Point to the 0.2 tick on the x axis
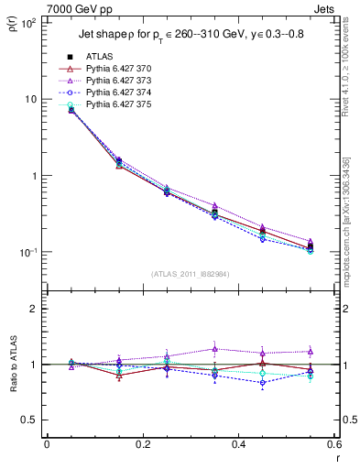pyautogui.click(x=142, y=447)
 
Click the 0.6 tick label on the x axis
pyautogui.click(x=333, y=447)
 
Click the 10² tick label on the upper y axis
pyautogui.click(x=27, y=21)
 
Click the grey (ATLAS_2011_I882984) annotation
pyautogui.click(x=190, y=274)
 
